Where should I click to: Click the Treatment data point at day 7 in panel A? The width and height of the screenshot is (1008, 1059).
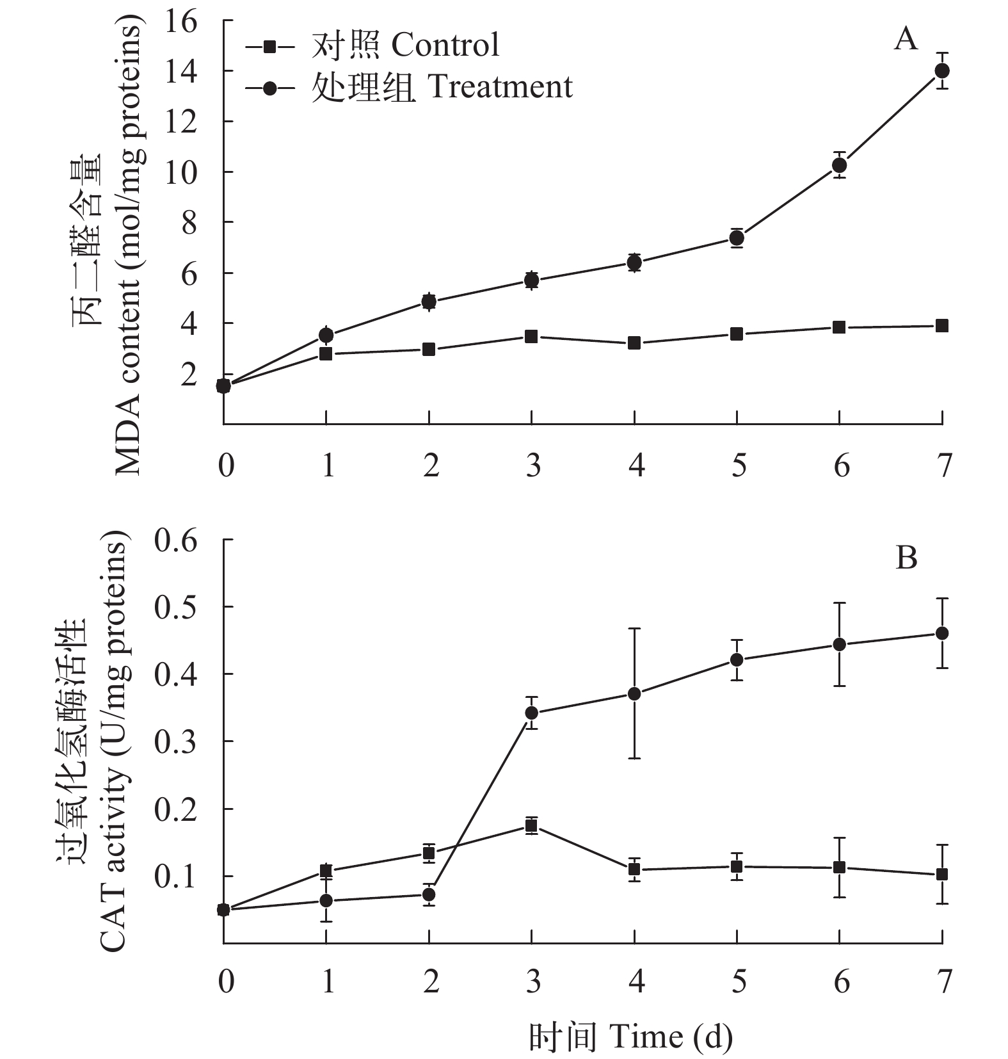click(x=941, y=70)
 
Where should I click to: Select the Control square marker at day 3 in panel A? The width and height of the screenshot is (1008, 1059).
click(x=531, y=337)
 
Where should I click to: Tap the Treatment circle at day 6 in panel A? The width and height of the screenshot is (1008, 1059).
click(x=839, y=165)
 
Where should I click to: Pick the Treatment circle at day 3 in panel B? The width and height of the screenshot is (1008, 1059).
click(x=531, y=713)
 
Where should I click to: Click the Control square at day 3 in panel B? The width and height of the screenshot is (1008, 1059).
click(x=531, y=826)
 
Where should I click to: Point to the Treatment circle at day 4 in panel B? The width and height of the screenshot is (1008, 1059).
click(x=634, y=693)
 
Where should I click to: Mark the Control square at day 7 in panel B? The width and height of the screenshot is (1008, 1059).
click(x=941, y=874)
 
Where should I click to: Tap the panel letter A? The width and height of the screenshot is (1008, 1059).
click(x=906, y=40)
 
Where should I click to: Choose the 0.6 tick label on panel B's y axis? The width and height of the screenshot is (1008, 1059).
click(x=176, y=541)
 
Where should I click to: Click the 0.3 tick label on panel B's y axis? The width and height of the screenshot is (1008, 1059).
click(x=176, y=741)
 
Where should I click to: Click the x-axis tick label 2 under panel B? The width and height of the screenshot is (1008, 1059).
click(x=431, y=982)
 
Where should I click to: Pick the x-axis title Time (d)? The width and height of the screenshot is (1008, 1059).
click(x=630, y=1037)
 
